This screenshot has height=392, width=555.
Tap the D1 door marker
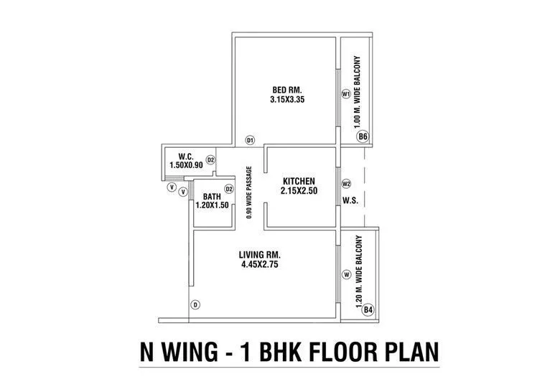[250, 140]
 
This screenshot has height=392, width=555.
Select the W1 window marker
[346, 94]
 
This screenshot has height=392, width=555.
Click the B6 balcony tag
[363, 136]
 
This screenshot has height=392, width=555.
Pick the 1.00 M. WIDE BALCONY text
[357, 92]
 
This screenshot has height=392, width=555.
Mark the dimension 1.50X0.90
[186, 165]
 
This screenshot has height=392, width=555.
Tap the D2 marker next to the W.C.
[211, 159]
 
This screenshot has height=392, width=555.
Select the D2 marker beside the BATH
[229, 189]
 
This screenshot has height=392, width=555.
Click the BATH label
[211, 196]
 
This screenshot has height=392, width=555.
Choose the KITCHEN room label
[299, 180]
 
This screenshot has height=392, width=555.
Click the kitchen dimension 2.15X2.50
[299, 191]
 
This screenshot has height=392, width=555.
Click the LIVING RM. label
[260, 254]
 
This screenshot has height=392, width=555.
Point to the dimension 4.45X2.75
[260, 265]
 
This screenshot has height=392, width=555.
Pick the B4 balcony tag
[368, 309]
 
